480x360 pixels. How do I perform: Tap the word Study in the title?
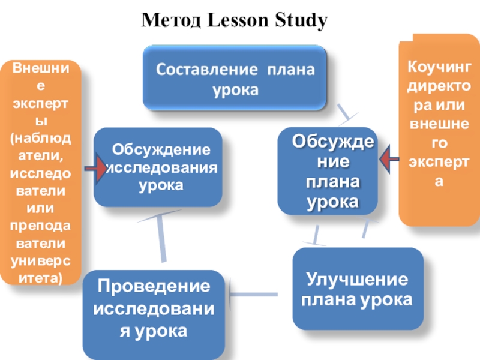pyautogui.click(x=303, y=22)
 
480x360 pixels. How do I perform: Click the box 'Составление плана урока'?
pyautogui.click(x=235, y=80)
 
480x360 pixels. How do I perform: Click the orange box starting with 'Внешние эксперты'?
pyautogui.click(x=40, y=172)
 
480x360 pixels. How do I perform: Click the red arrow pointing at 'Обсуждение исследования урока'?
pyautogui.click(x=95, y=169)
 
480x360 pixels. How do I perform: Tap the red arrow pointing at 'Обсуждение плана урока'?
pyautogui.click(x=389, y=160)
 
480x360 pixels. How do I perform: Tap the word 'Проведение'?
pyautogui.click(x=154, y=287)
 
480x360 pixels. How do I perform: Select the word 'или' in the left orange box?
pyautogui.click(x=40, y=207)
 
